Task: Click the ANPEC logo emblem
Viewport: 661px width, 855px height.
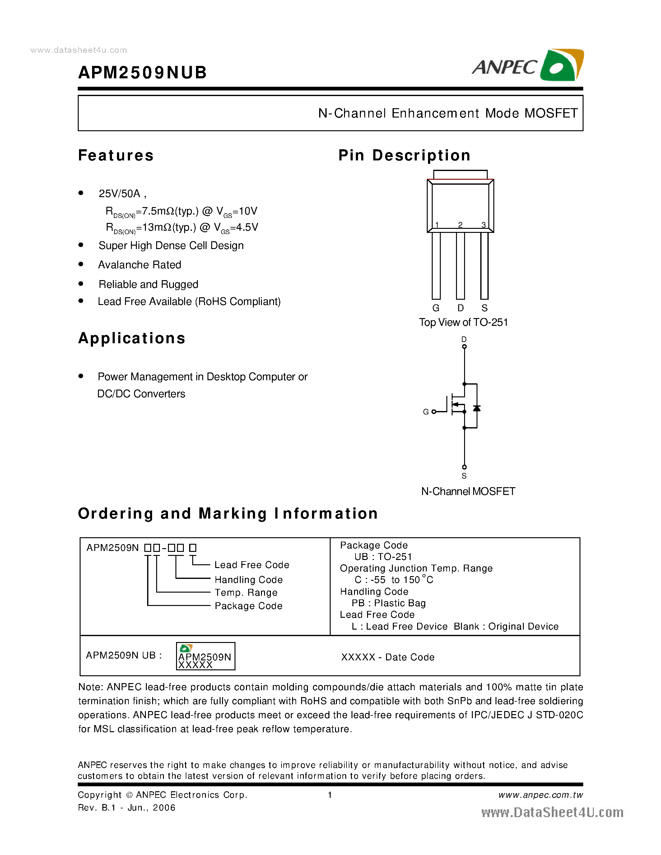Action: pyautogui.click(x=561, y=65)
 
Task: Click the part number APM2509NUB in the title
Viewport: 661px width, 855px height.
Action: pyautogui.click(x=142, y=72)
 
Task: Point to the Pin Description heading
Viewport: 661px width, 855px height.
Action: pyautogui.click(x=404, y=155)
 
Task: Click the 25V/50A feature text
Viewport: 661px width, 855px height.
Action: pyautogui.click(x=119, y=193)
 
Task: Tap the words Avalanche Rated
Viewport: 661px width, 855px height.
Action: pyautogui.click(x=139, y=265)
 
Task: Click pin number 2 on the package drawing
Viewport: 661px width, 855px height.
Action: pyautogui.click(x=460, y=225)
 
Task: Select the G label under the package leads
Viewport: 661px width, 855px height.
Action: pyautogui.click(x=436, y=308)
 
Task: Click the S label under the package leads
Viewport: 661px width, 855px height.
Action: pyautogui.click(x=484, y=308)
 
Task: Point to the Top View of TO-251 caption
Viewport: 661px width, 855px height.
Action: pyautogui.click(x=463, y=322)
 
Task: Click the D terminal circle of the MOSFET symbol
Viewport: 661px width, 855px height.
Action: pyautogui.click(x=464, y=346)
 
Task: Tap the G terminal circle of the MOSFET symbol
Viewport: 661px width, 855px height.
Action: pyautogui.click(x=434, y=412)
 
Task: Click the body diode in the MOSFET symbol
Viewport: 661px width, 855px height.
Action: pyautogui.click(x=477, y=408)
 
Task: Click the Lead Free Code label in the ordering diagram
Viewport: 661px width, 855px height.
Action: pyautogui.click(x=251, y=565)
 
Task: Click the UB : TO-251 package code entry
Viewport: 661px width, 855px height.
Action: pyautogui.click(x=383, y=557)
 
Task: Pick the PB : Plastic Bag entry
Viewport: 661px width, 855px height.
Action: pyautogui.click(x=389, y=603)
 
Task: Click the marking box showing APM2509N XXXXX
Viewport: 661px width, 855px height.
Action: pyautogui.click(x=206, y=656)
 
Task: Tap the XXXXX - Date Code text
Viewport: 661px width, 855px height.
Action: pyautogui.click(x=388, y=657)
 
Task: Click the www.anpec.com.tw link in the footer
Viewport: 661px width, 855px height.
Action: pyautogui.click(x=540, y=795)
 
